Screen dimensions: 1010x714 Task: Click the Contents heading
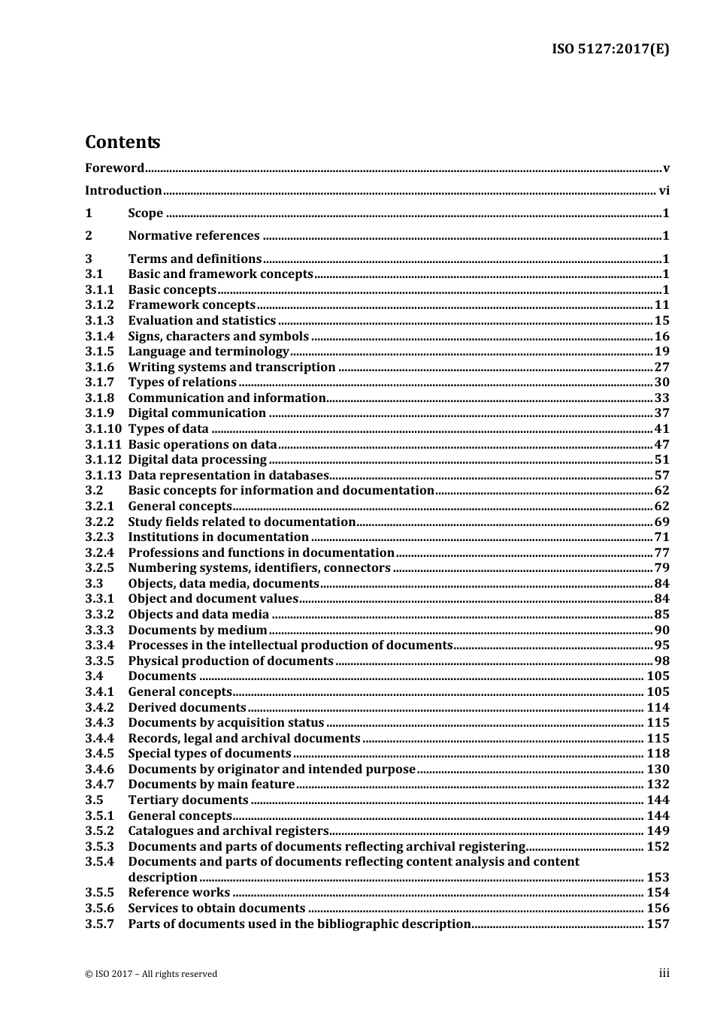tap(123, 142)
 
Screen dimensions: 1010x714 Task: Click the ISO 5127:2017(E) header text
tap(610, 50)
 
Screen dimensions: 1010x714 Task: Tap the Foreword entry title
tap(114, 168)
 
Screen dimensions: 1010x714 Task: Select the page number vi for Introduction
tap(664, 190)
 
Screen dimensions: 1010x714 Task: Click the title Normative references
tap(194, 236)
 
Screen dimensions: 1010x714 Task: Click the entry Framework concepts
tap(192, 304)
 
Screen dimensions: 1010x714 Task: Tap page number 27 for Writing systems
tap(661, 367)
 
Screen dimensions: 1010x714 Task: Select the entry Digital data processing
tap(197, 459)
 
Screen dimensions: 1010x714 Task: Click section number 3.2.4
tap(99, 552)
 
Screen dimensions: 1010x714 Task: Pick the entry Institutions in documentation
tap(218, 537)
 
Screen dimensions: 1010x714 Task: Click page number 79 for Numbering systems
tap(661, 567)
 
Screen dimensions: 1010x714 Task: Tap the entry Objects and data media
tap(198, 614)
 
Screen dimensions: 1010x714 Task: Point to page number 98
tap(661, 661)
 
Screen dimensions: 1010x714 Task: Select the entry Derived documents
tap(187, 707)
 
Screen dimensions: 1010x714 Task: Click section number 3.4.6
tap(99, 769)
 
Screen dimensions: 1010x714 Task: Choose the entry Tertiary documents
tap(188, 800)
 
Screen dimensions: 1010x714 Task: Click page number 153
tap(658, 877)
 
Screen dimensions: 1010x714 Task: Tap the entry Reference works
tap(179, 892)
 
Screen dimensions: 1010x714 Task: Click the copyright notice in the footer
tap(151, 973)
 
